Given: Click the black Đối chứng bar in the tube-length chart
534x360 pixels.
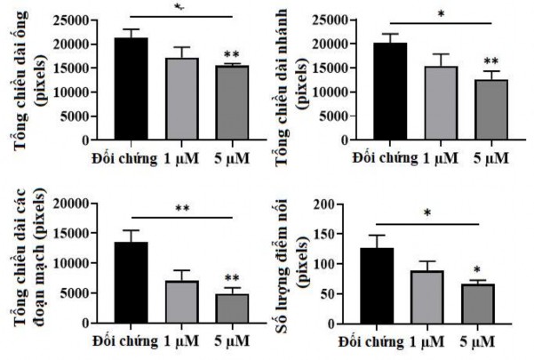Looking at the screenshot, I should coord(131,89).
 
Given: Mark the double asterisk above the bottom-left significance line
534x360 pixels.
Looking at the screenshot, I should coord(181,210).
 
